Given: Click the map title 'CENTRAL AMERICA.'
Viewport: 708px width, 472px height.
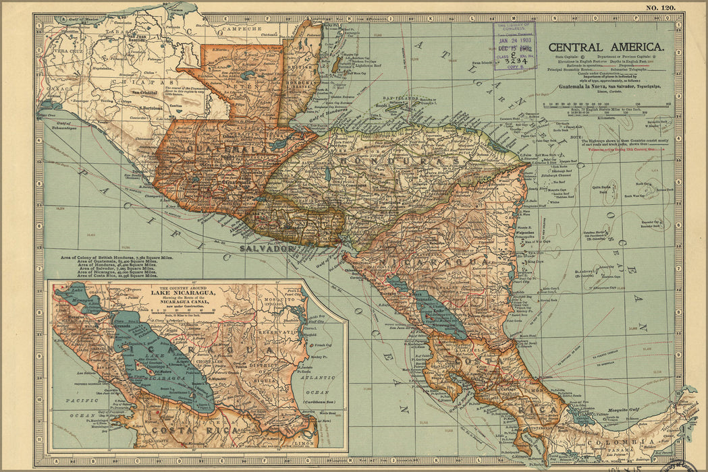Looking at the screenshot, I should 605,48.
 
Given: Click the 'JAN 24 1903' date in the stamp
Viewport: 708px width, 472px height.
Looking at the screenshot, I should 514,40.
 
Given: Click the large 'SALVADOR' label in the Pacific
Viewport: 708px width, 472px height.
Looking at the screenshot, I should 267,249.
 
